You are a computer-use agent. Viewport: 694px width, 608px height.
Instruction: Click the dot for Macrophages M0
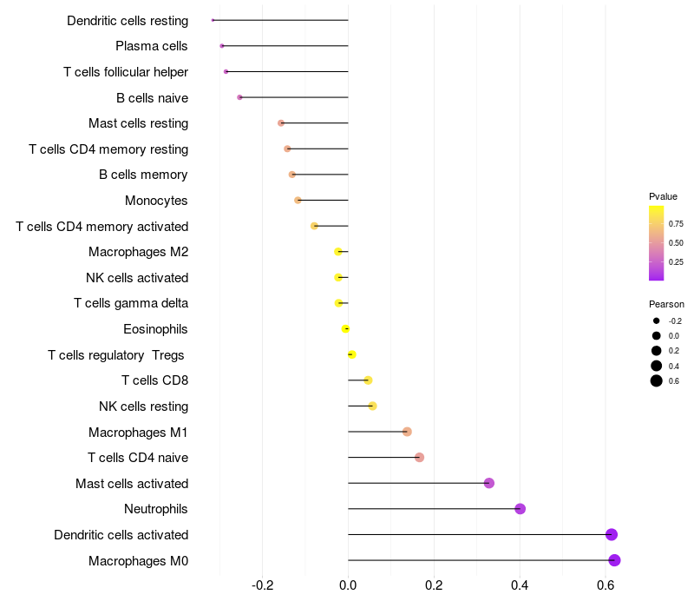click(x=614, y=560)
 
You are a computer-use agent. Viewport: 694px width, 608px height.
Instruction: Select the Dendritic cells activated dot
click(x=612, y=535)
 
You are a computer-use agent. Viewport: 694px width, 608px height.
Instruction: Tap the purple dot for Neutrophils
click(x=520, y=509)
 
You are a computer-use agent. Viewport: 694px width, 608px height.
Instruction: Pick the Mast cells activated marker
click(x=489, y=483)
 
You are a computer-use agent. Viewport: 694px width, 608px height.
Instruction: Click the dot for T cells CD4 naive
click(x=420, y=458)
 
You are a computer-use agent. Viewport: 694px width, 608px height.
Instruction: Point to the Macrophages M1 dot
click(x=407, y=432)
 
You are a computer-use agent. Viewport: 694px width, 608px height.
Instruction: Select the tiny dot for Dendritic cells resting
click(x=213, y=20)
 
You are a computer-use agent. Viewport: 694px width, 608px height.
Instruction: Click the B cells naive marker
click(x=239, y=97)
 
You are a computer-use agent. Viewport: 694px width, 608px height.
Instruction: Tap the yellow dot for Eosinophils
click(x=345, y=329)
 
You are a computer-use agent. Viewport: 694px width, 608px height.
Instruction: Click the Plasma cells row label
click(x=152, y=46)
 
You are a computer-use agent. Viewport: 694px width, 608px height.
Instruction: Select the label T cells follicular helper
click(x=126, y=72)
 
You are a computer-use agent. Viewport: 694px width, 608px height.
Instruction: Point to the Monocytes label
click(x=156, y=201)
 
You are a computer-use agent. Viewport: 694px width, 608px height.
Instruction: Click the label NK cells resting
click(x=143, y=406)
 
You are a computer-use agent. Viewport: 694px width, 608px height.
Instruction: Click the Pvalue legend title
click(x=664, y=196)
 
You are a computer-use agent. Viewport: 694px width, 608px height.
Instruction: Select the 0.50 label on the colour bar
click(x=676, y=243)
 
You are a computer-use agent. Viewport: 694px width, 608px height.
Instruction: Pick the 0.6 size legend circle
click(x=657, y=380)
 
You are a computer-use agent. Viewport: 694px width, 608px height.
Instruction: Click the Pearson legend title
click(x=666, y=305)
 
